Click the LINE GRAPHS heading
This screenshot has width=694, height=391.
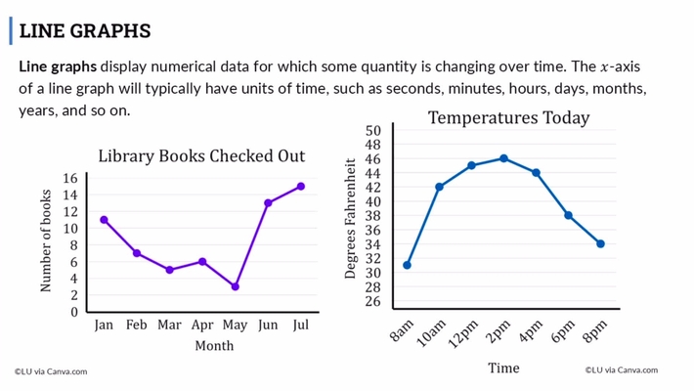pos(84,31)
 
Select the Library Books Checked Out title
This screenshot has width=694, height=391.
pos(201,156)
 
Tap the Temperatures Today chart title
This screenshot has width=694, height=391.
pos(508,118)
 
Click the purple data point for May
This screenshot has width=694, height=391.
pos(235,286)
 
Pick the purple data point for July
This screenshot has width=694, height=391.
pos(301,186)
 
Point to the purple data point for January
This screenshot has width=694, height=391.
pos(104,220)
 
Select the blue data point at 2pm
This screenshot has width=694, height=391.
pos(503,158)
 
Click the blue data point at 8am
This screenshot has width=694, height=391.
pos(407,265)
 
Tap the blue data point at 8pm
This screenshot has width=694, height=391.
pos(600,243)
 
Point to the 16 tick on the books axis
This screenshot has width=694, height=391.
pos(69,178)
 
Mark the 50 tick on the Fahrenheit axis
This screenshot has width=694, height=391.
pos(372,131)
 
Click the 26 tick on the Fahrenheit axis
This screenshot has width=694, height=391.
pos(372,301)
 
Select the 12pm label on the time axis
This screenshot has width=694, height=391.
pos(462,332)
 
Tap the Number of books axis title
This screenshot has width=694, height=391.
pos(46,241)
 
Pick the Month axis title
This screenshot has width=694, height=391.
pos(214,345)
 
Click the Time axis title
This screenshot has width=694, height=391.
pos(503,368)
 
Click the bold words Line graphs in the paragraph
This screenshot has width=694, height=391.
pos(58,67)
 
